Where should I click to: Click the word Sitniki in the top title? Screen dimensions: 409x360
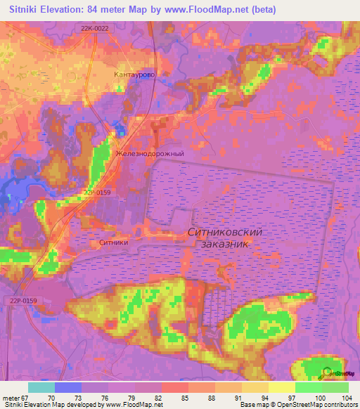(27, 10)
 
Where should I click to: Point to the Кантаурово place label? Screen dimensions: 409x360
(134, 74)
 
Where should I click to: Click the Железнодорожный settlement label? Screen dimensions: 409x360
(150, 153)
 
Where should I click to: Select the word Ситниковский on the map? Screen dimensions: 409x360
(225, 231)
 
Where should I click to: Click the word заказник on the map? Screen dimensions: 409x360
(224, 243)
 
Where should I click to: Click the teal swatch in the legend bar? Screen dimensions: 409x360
(41, 387)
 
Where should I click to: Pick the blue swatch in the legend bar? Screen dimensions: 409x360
(67, 387)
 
